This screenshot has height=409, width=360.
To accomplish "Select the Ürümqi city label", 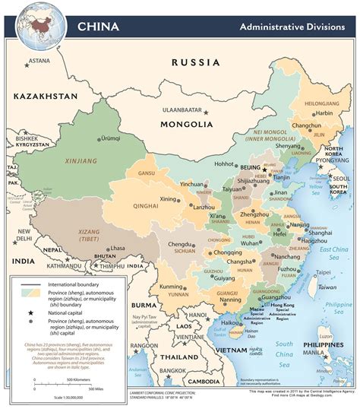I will click(112, 138).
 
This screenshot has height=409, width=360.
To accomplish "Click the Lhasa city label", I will click(117, 248).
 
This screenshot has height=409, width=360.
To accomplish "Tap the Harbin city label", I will click(302, 113).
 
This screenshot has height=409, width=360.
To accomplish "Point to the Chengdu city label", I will click(180, 244).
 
